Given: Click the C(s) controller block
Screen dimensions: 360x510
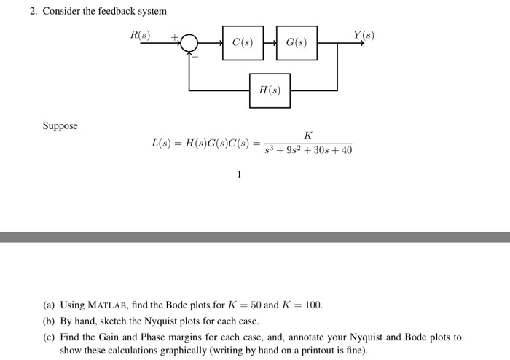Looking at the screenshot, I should [243, 43].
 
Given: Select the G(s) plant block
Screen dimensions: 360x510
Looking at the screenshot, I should [297, 43].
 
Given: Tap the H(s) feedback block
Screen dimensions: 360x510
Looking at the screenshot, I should [270, 90].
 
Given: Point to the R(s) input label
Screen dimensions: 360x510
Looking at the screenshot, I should [140, 35].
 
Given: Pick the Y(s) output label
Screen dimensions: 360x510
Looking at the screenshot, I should [364, 35].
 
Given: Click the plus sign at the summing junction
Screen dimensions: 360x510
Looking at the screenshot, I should [174, 36].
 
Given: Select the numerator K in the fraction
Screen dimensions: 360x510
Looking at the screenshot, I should [308, 135].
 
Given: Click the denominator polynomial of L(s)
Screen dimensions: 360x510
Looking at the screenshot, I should [308, 150].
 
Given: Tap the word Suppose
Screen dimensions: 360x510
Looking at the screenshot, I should [60, 125].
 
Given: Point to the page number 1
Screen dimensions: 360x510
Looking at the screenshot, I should [239, 174].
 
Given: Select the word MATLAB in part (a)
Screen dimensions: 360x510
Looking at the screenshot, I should [111, 305].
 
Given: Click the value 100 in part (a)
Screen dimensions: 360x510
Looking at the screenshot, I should [313, 305].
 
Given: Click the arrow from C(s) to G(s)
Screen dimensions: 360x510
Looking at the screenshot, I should [270, 43].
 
